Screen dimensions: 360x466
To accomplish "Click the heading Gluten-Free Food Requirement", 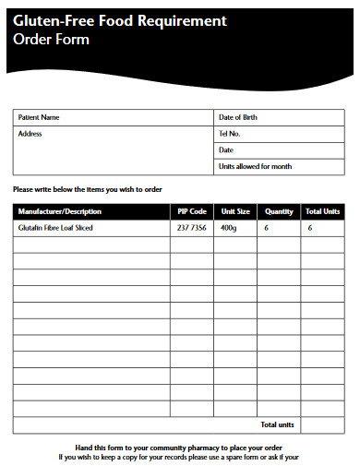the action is [x=120, y=20].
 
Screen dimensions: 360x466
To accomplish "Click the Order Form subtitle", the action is [x=52, y=39].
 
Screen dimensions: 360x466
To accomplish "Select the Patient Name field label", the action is [x=39, y=118].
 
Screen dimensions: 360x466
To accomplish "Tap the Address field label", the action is [x=30, y=134].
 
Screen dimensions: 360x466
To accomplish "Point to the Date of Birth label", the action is [x=238, y=118].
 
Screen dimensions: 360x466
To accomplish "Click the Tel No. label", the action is [x=230, y=134].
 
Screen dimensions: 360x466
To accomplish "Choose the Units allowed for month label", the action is [x=255, y=167].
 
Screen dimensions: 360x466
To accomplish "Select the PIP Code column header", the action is [x=191, y=211].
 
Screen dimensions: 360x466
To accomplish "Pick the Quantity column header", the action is [x=279, y=211].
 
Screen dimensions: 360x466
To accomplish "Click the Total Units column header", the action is [x=323, y=211].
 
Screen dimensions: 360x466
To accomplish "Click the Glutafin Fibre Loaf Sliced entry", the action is [x=55, y=228].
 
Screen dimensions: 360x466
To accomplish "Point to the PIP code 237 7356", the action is [x=191, y=228].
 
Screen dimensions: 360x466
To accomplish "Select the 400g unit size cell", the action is [x=229, y=228].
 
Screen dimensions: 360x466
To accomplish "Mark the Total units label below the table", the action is [x=277, y=425].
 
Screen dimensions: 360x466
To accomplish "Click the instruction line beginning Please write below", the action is [x=88, y=189].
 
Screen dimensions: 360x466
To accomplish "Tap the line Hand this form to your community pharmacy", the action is [x=178, y=447].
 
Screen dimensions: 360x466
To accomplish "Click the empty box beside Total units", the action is [x=324, y=425].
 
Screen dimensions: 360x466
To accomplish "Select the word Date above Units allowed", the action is [x=226, y=150].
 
